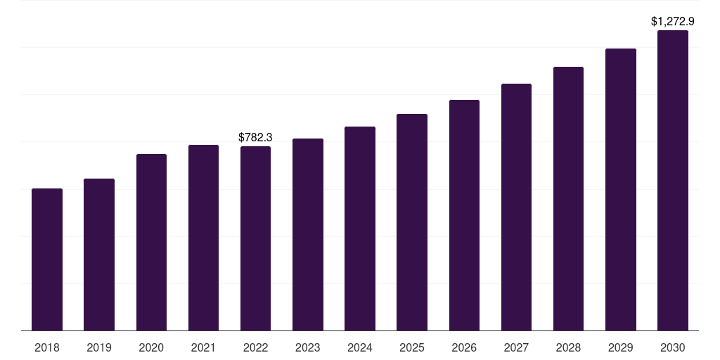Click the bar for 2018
click(47, 259)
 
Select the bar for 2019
click(99, 255)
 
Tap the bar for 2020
click(151, 242)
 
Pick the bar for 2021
click(203, 238)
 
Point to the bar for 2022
click(255, 238)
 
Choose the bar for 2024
click(360, 229)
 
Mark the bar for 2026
click(464, 215)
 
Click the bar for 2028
click(568, 198)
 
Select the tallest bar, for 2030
click(673, 180)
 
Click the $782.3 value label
click(255, 137)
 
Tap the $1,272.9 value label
click(673, 21)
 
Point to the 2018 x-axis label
click(47, 347)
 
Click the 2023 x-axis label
click(308, 347)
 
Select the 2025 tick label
click(412, 347)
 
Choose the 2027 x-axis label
click(516, 347)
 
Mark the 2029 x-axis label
click(621, 347)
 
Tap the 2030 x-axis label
click(673, 347)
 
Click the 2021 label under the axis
click(203, 347)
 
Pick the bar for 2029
click(621, 189)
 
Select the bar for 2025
click(412, 222)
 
